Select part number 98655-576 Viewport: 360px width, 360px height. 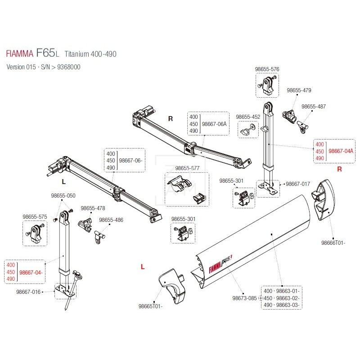(x=267, y=69)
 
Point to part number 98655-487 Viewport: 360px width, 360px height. (x=314, y=107)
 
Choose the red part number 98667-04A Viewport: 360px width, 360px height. (x=341, y=151)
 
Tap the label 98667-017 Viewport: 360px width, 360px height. (x=298, y=184)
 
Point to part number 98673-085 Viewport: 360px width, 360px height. (x=244, y=298)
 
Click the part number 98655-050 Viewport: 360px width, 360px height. (x=63, y=196)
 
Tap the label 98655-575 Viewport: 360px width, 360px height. (x=35, y=216)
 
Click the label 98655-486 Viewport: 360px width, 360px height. (x=111, y=220)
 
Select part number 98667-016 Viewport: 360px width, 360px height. (x=28, y=292)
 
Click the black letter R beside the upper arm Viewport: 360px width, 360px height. (x=171, y=119)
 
